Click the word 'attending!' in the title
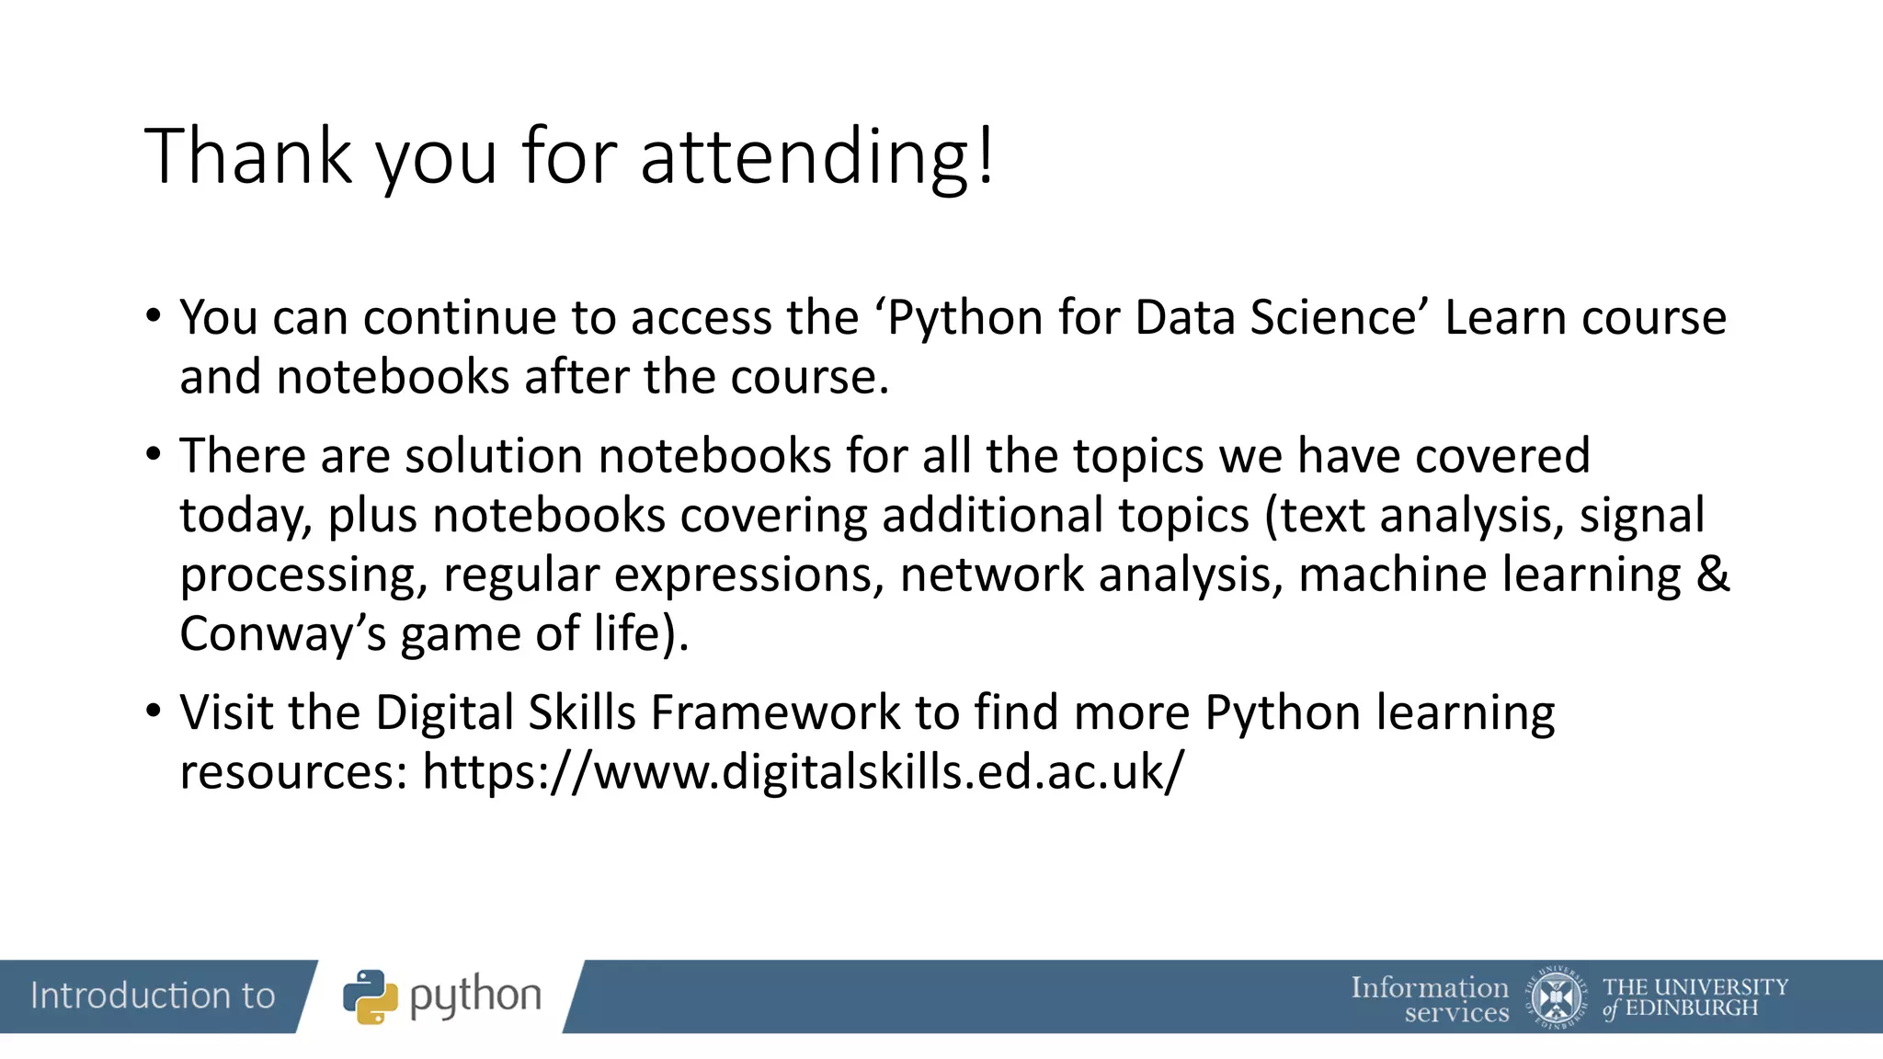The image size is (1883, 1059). tap(816, 156)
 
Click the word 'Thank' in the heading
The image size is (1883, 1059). tap(248, 156)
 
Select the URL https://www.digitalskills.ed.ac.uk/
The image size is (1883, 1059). tap(803, 771)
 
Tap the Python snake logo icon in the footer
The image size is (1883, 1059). tap(371, 996)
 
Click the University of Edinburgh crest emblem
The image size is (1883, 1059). tap(1556, 996)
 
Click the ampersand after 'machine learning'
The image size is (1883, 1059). tap(1712, 575)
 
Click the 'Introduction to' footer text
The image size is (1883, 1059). tap(153, 996)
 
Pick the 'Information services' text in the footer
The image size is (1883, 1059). tap(1431, 999)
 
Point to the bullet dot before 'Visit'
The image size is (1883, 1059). tap(154, 710)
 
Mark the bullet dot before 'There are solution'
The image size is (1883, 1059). tap(154, 453)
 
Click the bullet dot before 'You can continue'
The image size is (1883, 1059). tap(154, 315)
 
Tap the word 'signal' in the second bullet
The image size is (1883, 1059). tap(1642, 516)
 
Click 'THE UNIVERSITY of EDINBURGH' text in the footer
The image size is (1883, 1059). tap(1695, 997)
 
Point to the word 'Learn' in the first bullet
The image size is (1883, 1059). tap(1505, 318)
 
